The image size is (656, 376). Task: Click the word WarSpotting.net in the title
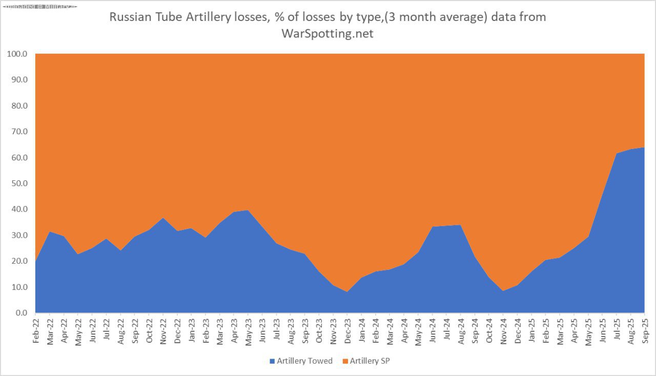tap(327, 34)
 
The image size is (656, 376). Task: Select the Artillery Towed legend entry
tap(304, 361)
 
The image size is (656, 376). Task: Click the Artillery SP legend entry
tap(370, 361)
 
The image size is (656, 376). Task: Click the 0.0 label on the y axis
tap(21, 313)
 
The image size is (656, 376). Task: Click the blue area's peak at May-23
tap(248, 211)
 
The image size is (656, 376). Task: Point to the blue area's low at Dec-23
tap(347, 292)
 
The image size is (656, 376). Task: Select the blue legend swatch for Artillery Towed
tap(272, 361)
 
